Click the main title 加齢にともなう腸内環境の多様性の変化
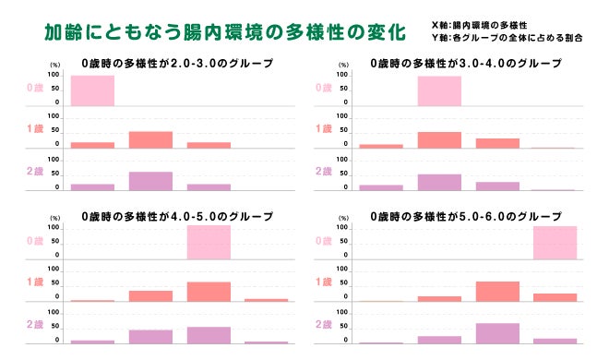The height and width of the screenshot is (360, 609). [x=225, y=33]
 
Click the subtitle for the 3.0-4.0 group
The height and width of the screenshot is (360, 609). [x=465, y=65]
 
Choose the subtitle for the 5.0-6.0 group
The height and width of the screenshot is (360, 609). [x=465, y=216]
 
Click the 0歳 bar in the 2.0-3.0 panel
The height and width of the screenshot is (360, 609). [x=92, y=90]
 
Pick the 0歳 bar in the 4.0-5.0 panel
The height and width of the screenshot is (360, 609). [x=209, y=243]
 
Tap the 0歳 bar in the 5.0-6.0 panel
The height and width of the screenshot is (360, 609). [x=555, y=243]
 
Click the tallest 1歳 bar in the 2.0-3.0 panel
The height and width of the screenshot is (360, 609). [x=150, y=139]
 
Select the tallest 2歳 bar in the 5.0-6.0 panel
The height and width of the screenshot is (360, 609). [x=496, y=333]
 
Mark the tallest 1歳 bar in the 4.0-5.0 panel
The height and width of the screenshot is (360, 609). [x=209, y=292]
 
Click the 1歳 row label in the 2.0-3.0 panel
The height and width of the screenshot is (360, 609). [x=33, y=129]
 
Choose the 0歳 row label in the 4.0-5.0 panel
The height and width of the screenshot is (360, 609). [x=33, y=240]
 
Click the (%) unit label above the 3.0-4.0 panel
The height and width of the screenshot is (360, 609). [x=342, y=66]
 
